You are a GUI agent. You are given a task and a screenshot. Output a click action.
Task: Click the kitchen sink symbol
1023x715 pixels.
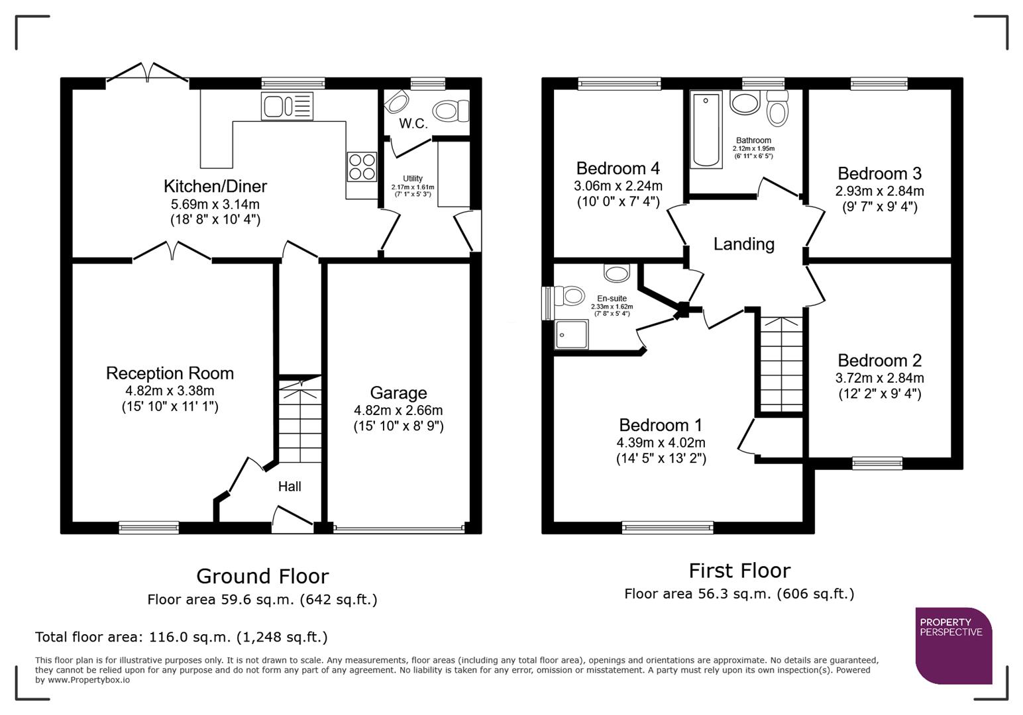(287, 106)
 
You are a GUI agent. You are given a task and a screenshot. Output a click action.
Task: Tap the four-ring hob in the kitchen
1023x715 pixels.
(362, 166)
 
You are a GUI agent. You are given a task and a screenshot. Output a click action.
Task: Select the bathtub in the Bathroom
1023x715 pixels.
(706, 130)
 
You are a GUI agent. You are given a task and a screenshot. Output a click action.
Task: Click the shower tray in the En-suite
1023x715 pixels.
(571, 334)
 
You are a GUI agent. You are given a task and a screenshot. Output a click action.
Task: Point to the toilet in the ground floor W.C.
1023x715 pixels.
(451, 110)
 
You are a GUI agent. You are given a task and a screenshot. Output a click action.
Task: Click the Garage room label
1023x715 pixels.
(398, 393)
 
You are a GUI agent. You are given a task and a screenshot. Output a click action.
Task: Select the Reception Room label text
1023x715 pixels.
(170, 373)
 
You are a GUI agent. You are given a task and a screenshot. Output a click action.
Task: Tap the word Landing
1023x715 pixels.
(743, 244)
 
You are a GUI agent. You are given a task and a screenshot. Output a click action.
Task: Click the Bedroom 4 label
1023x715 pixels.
(618, 168)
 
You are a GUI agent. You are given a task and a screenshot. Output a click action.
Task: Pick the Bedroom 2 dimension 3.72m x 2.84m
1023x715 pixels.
(879, 378)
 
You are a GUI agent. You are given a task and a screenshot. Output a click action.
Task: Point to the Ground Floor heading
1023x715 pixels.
(262, 576)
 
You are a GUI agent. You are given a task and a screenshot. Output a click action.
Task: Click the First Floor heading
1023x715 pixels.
(739, 570)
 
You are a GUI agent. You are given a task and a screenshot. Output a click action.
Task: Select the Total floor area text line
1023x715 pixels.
(181, 637)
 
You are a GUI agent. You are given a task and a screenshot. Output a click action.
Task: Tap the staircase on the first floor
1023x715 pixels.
(781, 364)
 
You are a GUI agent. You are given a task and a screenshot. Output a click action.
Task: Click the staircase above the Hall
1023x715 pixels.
(299, 420)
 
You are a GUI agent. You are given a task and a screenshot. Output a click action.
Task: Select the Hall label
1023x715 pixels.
(290, 487)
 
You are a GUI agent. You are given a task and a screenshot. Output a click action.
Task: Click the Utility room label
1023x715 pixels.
(412, 179)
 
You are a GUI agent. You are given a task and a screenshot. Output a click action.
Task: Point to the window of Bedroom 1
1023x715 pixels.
(667, 528)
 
